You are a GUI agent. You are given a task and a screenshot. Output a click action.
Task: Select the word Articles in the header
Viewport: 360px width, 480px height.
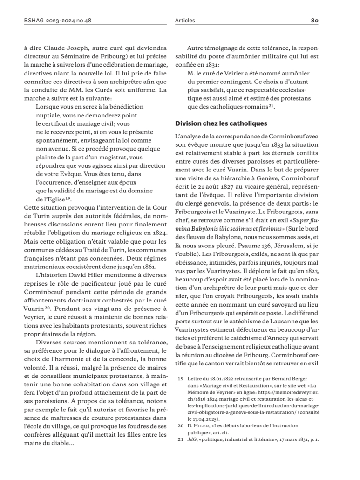185,21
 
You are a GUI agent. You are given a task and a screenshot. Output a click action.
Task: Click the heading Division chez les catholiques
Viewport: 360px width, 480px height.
221,123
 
